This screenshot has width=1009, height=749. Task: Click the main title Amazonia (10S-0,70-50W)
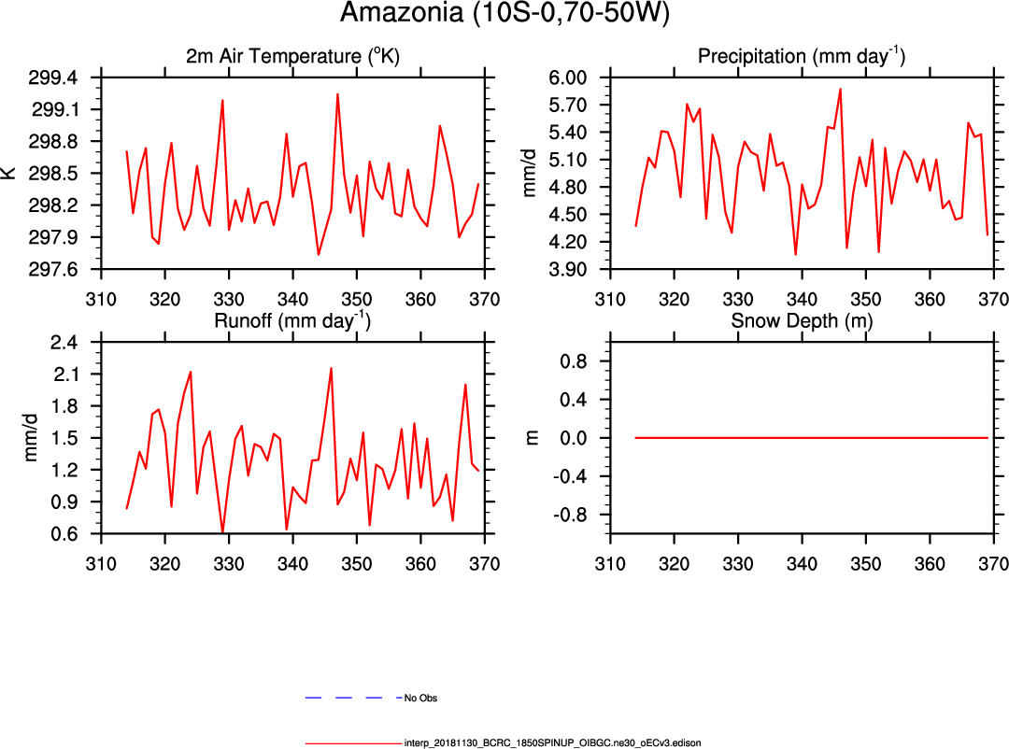tap(504, 14)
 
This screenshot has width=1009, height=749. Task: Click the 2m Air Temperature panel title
tap(292, 56)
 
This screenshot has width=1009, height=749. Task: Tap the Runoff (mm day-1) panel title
tap(292, 320)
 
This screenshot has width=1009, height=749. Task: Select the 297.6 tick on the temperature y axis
tap(55, 270)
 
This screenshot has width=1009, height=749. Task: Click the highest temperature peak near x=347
tap(337, 94)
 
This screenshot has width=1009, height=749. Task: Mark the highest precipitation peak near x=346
tap(840, 90)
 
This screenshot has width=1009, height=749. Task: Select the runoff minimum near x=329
tap(222, 532)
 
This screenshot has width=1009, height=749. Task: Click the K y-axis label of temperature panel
tap(9, 174)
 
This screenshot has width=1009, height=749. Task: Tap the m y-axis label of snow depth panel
tap(533, 438)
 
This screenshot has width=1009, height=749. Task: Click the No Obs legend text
tap(420, 698)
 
